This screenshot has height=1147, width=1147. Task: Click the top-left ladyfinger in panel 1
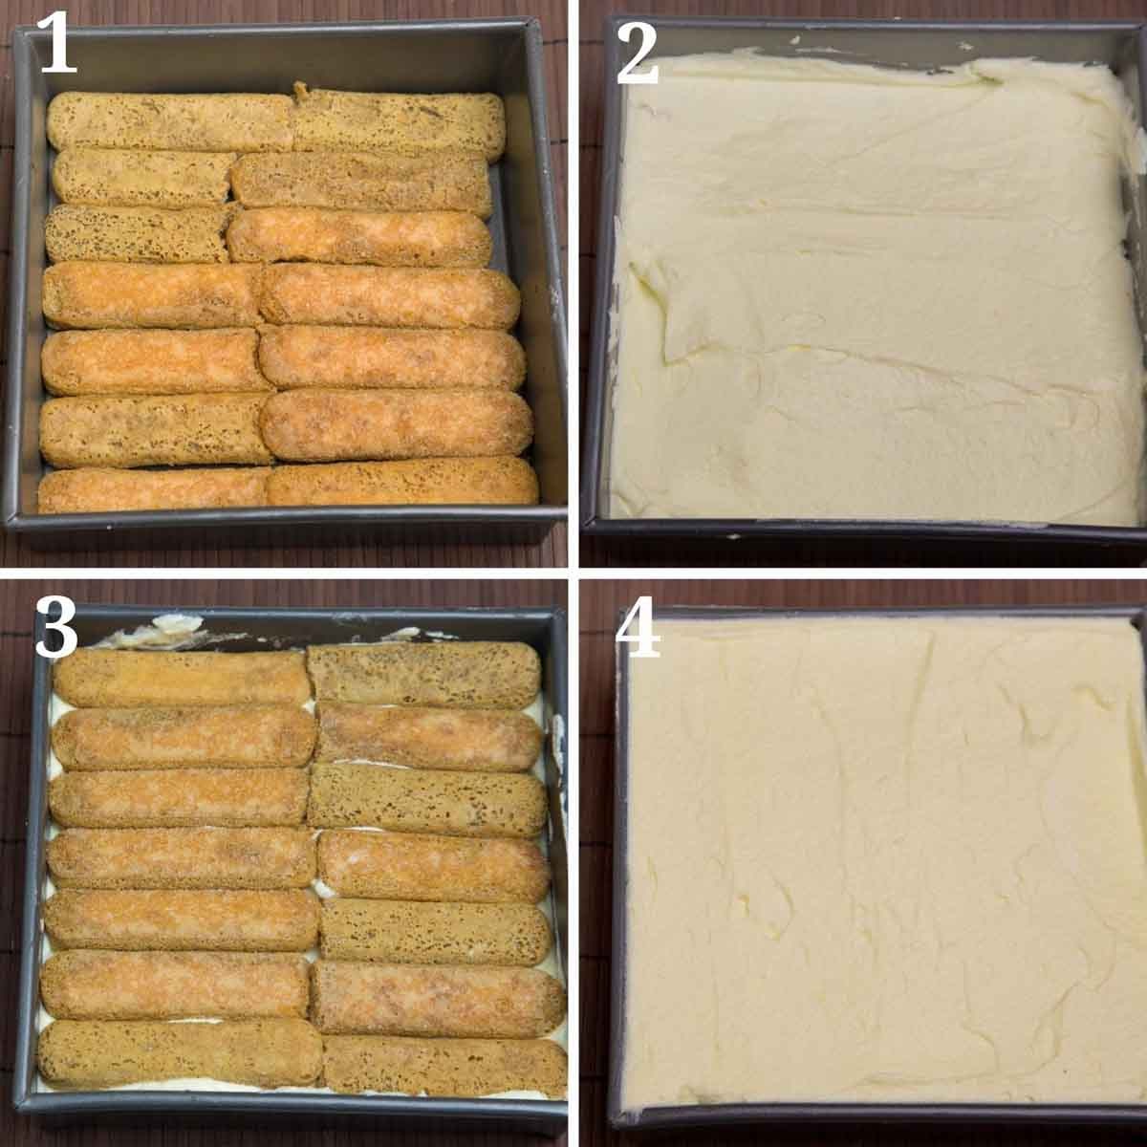[170, 122]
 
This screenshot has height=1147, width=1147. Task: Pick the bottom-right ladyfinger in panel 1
[402, 482]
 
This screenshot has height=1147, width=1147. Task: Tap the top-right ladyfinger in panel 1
[399, 125]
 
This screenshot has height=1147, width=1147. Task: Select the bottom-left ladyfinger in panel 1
[155, 490]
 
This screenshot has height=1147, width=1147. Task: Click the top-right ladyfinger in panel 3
[423, 675]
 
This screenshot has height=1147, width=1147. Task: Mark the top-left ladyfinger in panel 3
[181, 679]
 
